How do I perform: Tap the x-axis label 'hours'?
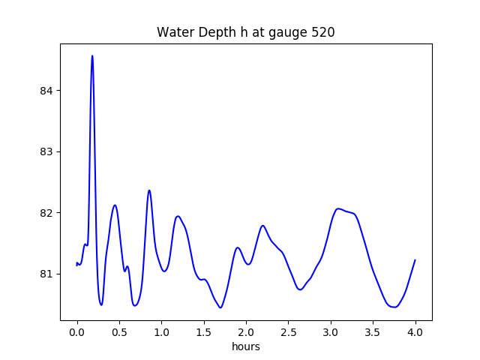coord(246,347)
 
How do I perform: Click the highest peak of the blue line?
coord(92,55)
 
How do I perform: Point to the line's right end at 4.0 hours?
coord(415,259)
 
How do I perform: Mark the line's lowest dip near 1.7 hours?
coord(220,307)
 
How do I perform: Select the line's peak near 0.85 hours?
coord(149,190)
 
